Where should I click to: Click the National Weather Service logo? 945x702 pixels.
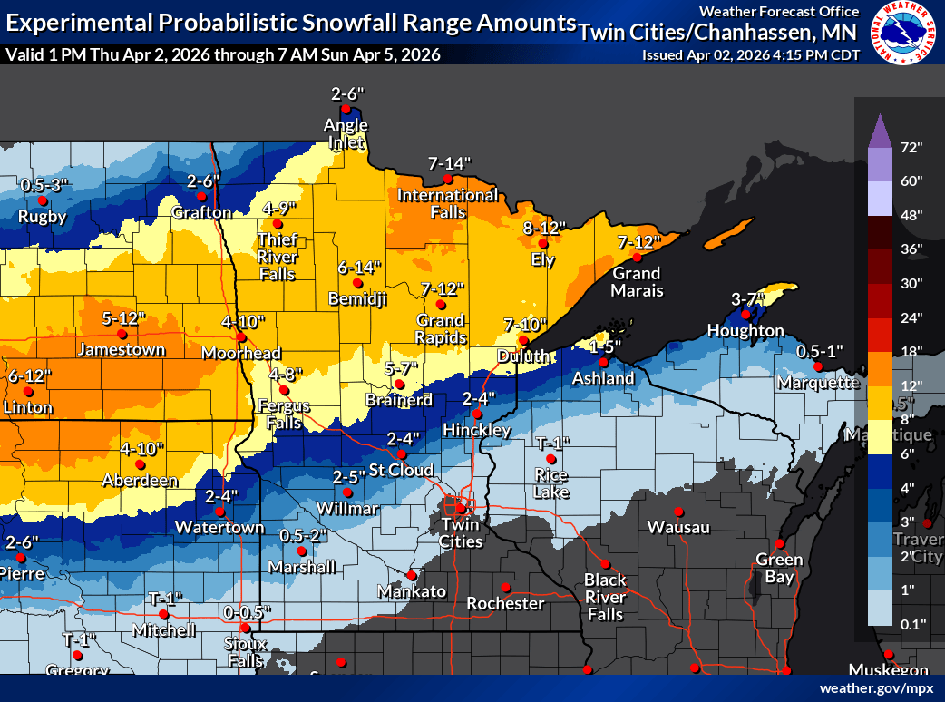coord(905,34)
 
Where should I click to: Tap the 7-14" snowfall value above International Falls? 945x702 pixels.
coord(450,164)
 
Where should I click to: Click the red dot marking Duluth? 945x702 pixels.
coord(522,340)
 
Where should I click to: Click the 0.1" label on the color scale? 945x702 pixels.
coord(911,624)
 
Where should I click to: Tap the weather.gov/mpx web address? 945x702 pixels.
coord(876,688)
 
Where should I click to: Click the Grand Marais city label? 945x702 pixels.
coord(638,282)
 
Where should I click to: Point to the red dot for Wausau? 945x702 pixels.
coord(677,512)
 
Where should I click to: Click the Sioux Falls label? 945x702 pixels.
coord(245,651)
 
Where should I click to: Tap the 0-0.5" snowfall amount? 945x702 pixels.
coord(247,612)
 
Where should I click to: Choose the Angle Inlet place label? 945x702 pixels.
coord(348,133)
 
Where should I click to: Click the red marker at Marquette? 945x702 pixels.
coord(818,366)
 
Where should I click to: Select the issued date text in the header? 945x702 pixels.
coord(750,54)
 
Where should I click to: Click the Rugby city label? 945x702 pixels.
coord(44,217)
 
